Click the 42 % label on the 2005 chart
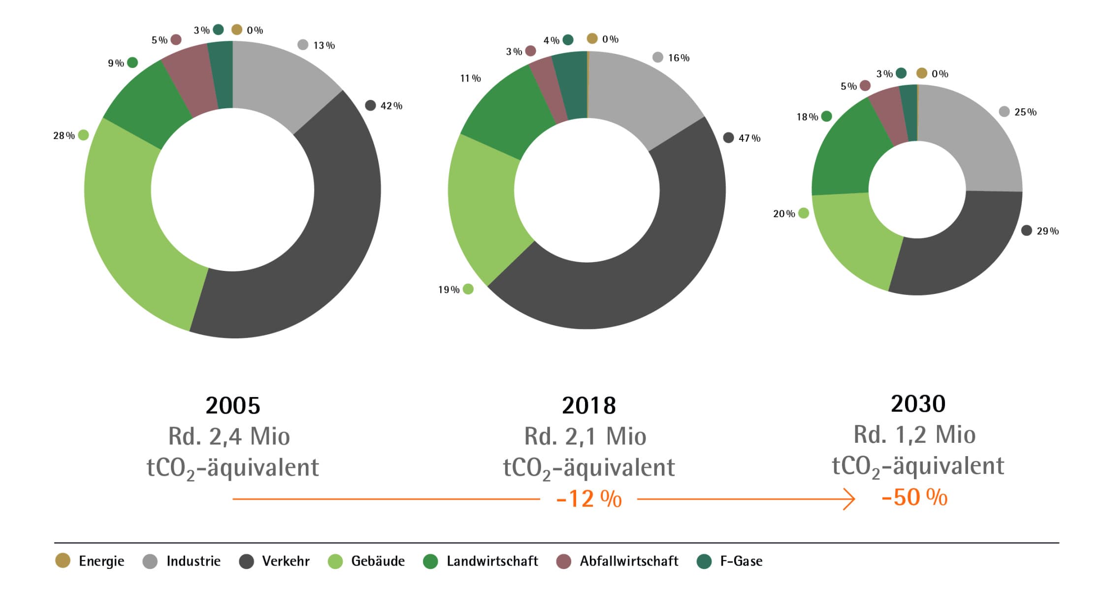pos(391,106)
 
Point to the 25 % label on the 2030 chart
pos(1025,112)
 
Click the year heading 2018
pos(588,406)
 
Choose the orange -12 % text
pos(589,499)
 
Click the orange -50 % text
pos(914,497)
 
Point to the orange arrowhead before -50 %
pos(850,499)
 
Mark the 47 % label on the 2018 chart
pos(749,138)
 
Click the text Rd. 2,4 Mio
pos(229,436)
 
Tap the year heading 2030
pos(918,404)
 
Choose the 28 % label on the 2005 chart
pos(64,135)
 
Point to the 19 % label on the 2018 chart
pos(449,290)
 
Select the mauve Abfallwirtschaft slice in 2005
pos(190,79)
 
